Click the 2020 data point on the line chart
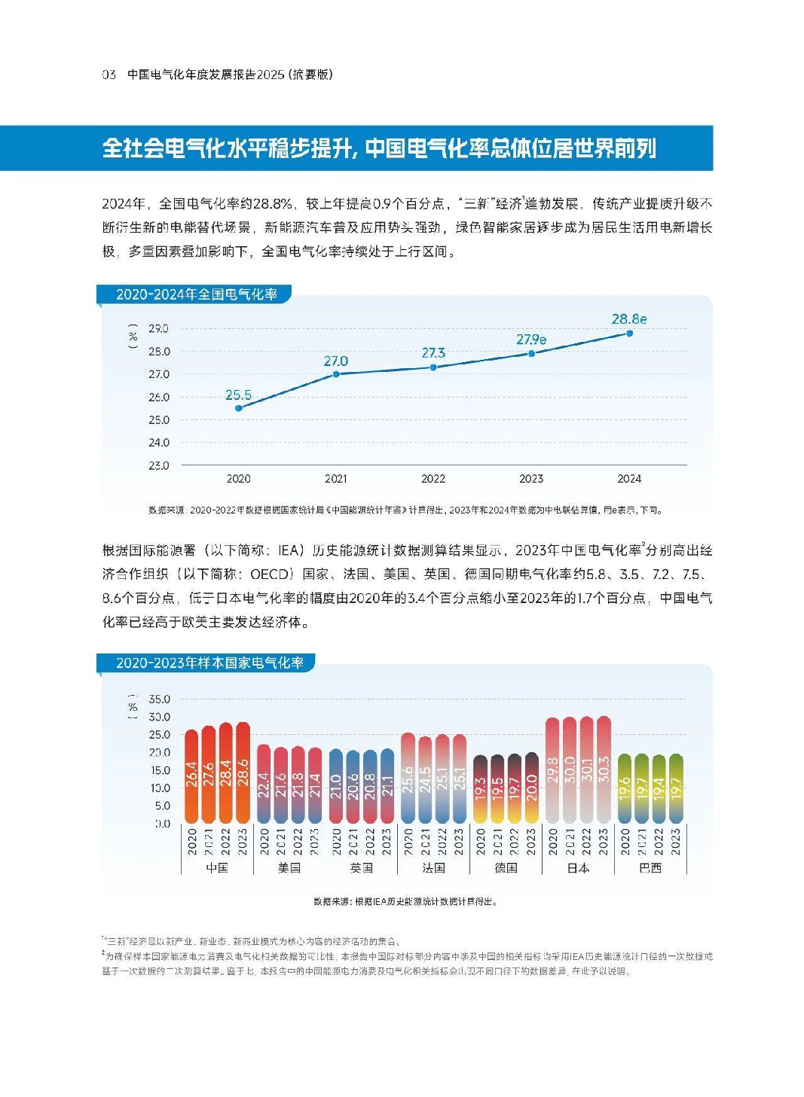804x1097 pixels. (x=239, y=408)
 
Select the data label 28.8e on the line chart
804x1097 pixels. (x=628, y=319)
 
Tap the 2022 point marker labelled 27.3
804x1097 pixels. (x=433, y=367)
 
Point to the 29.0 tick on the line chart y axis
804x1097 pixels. (x=158, y=329)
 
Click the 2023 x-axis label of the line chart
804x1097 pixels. (x=531, y=479)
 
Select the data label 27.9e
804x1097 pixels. (x=531, y=340)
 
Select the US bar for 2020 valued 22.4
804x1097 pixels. (x=264, y=784)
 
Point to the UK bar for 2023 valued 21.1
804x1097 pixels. (x=387, y=786)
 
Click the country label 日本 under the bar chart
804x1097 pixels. (x=578, y=868)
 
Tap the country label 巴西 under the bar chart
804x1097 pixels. (x=650, y=868)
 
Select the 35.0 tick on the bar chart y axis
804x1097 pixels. (x=159, y=699)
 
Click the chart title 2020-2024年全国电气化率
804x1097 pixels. (x=197, y=294)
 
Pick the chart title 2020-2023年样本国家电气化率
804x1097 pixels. (x=209, y=663)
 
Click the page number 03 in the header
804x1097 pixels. (x=109, y=75)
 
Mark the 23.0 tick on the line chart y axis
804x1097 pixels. (x=158, y=466)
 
